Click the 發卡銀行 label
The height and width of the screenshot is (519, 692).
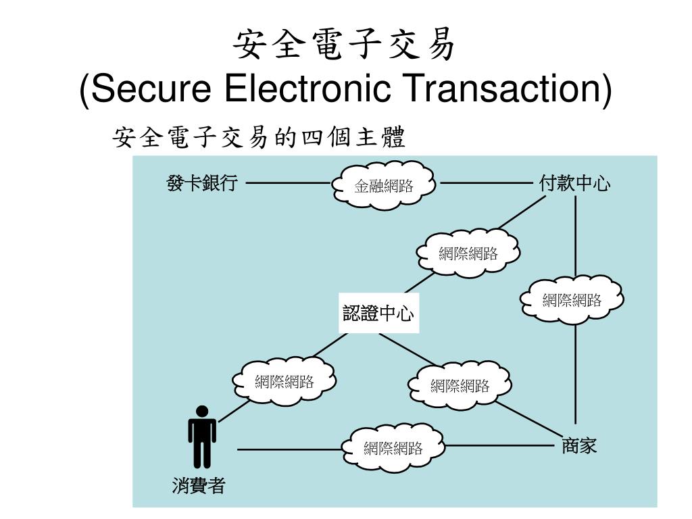click(202, 182)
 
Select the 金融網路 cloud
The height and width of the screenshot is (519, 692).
click(384, 184)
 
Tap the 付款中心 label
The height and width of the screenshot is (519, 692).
click(575, 182)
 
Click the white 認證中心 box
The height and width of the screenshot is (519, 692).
click(378, 314)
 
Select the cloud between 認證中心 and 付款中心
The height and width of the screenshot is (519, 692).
click(468, 253)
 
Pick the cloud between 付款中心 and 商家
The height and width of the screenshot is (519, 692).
click(572, 299)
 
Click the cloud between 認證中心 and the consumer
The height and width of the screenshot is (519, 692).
click(285, 381)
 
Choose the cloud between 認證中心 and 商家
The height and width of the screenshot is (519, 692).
click(460, 385)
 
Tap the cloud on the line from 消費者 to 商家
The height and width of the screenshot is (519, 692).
click(393, 447)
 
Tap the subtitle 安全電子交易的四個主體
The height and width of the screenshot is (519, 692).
click(259, 138)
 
